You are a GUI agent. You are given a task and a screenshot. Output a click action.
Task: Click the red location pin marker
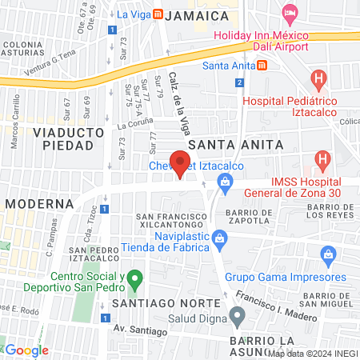point(181,163)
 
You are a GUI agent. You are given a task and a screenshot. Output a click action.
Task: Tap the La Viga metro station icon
point(158,14)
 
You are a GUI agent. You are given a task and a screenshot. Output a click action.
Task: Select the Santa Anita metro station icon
point(262,66)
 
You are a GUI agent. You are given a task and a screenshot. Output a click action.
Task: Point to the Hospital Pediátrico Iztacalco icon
point(318,79)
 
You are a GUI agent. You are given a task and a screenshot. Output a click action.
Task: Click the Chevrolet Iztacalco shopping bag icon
point(226,185)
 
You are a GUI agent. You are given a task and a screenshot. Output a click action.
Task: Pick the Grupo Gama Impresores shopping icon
point(327,256)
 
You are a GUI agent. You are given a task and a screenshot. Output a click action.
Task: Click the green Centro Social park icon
point(135,281)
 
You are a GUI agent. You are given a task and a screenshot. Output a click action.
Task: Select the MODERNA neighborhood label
point(39,204)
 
